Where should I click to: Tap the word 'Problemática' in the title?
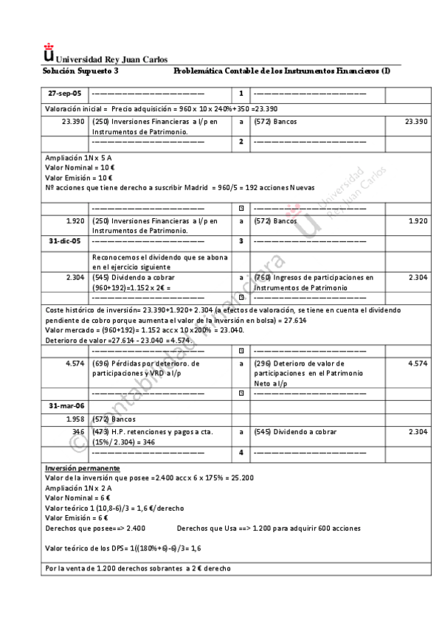198,70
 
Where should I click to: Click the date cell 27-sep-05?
65,94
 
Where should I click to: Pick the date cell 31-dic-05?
65,241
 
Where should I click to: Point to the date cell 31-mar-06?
65,406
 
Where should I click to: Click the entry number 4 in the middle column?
241,452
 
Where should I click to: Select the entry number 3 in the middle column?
241,241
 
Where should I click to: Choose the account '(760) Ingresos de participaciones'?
313,277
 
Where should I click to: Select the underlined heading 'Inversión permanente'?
83,468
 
